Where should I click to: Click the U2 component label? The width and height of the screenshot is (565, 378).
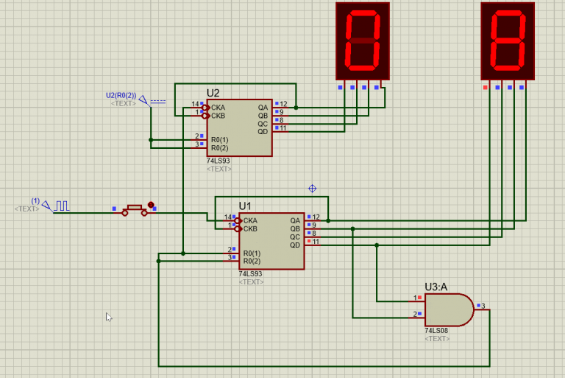click(x=213, y=93)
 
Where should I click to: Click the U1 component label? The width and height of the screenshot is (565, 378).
click(x=245, y=206)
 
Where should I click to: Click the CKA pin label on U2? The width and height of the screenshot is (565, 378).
click(x=218, y=107)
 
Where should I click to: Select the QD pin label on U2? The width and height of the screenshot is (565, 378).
click(x=262, y=131)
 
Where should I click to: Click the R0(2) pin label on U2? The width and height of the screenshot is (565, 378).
click(x=220, y=147)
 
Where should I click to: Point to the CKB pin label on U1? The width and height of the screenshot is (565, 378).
click(x=251, y=228)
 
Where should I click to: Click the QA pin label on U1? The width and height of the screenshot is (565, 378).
click(x=294, y=220)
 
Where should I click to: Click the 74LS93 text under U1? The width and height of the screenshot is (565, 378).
click(x=251, y=273)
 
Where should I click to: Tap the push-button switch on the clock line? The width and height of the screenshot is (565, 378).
click(x=135, y=210)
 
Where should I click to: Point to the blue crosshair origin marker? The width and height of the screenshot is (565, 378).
click(x=312, y=189)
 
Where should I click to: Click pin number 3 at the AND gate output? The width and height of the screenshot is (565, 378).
click(x=483, y=305)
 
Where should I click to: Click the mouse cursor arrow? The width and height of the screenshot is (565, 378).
click(x=109, y=317)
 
